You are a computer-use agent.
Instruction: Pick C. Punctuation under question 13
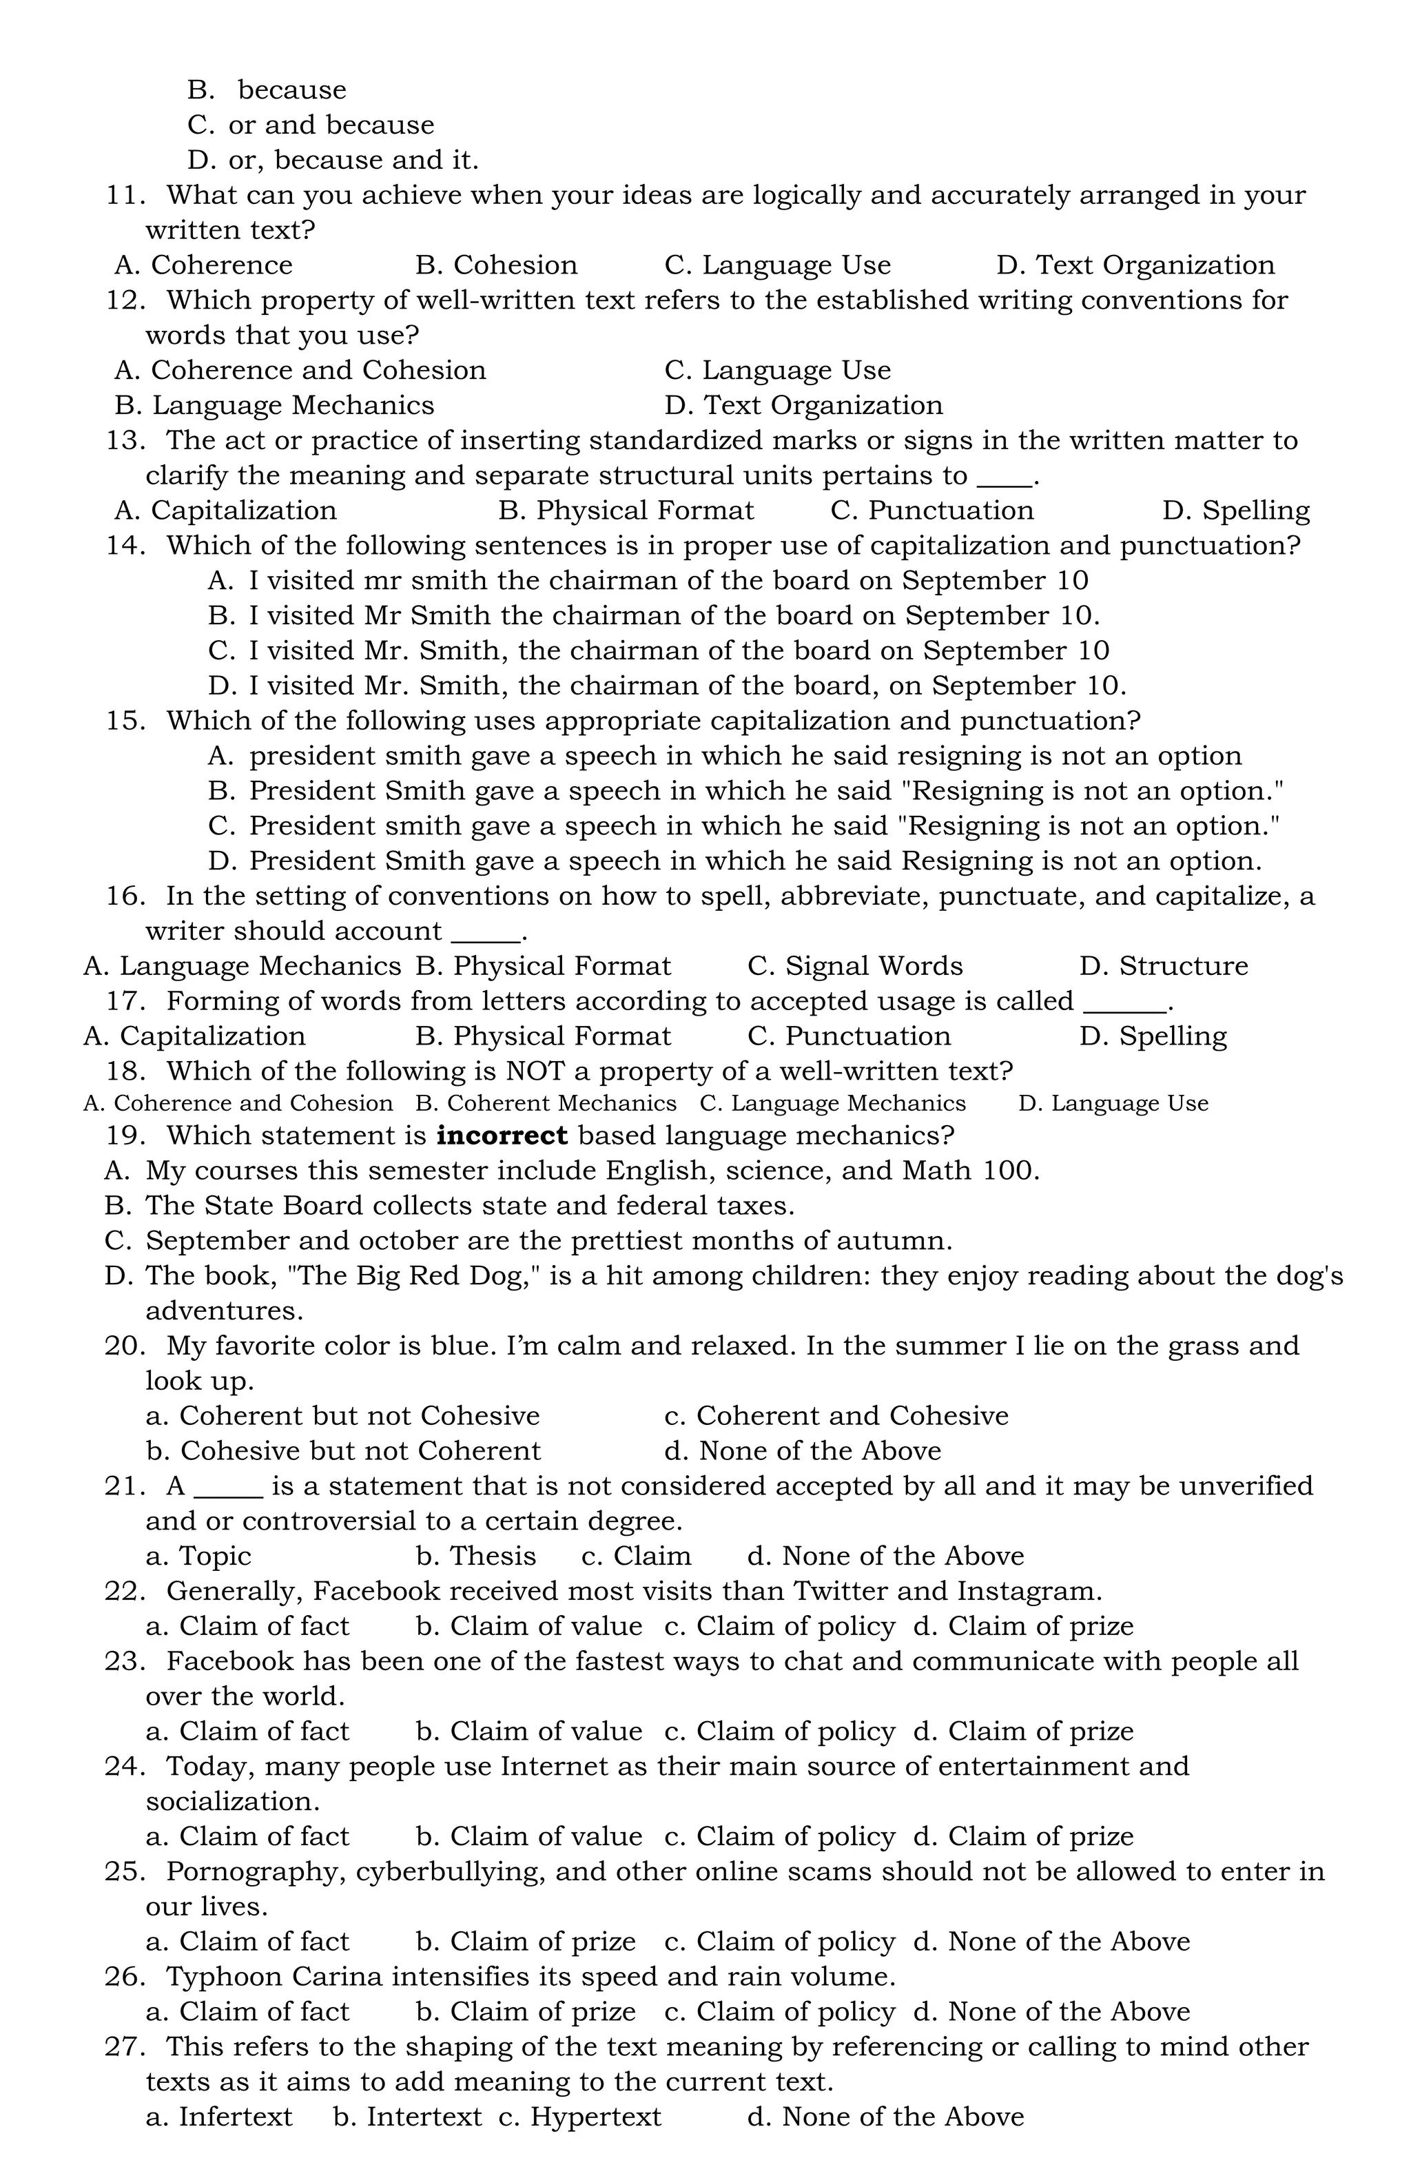tap(931, 511)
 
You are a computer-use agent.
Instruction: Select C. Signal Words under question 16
tap(854, 966)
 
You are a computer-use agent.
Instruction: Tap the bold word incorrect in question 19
tap(502, 1135)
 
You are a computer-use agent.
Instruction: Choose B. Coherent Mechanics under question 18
tap(545, 1104)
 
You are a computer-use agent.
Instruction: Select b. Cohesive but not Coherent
tap(343, 1451)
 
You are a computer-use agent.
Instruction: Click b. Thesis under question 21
tap(475, 1556)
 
